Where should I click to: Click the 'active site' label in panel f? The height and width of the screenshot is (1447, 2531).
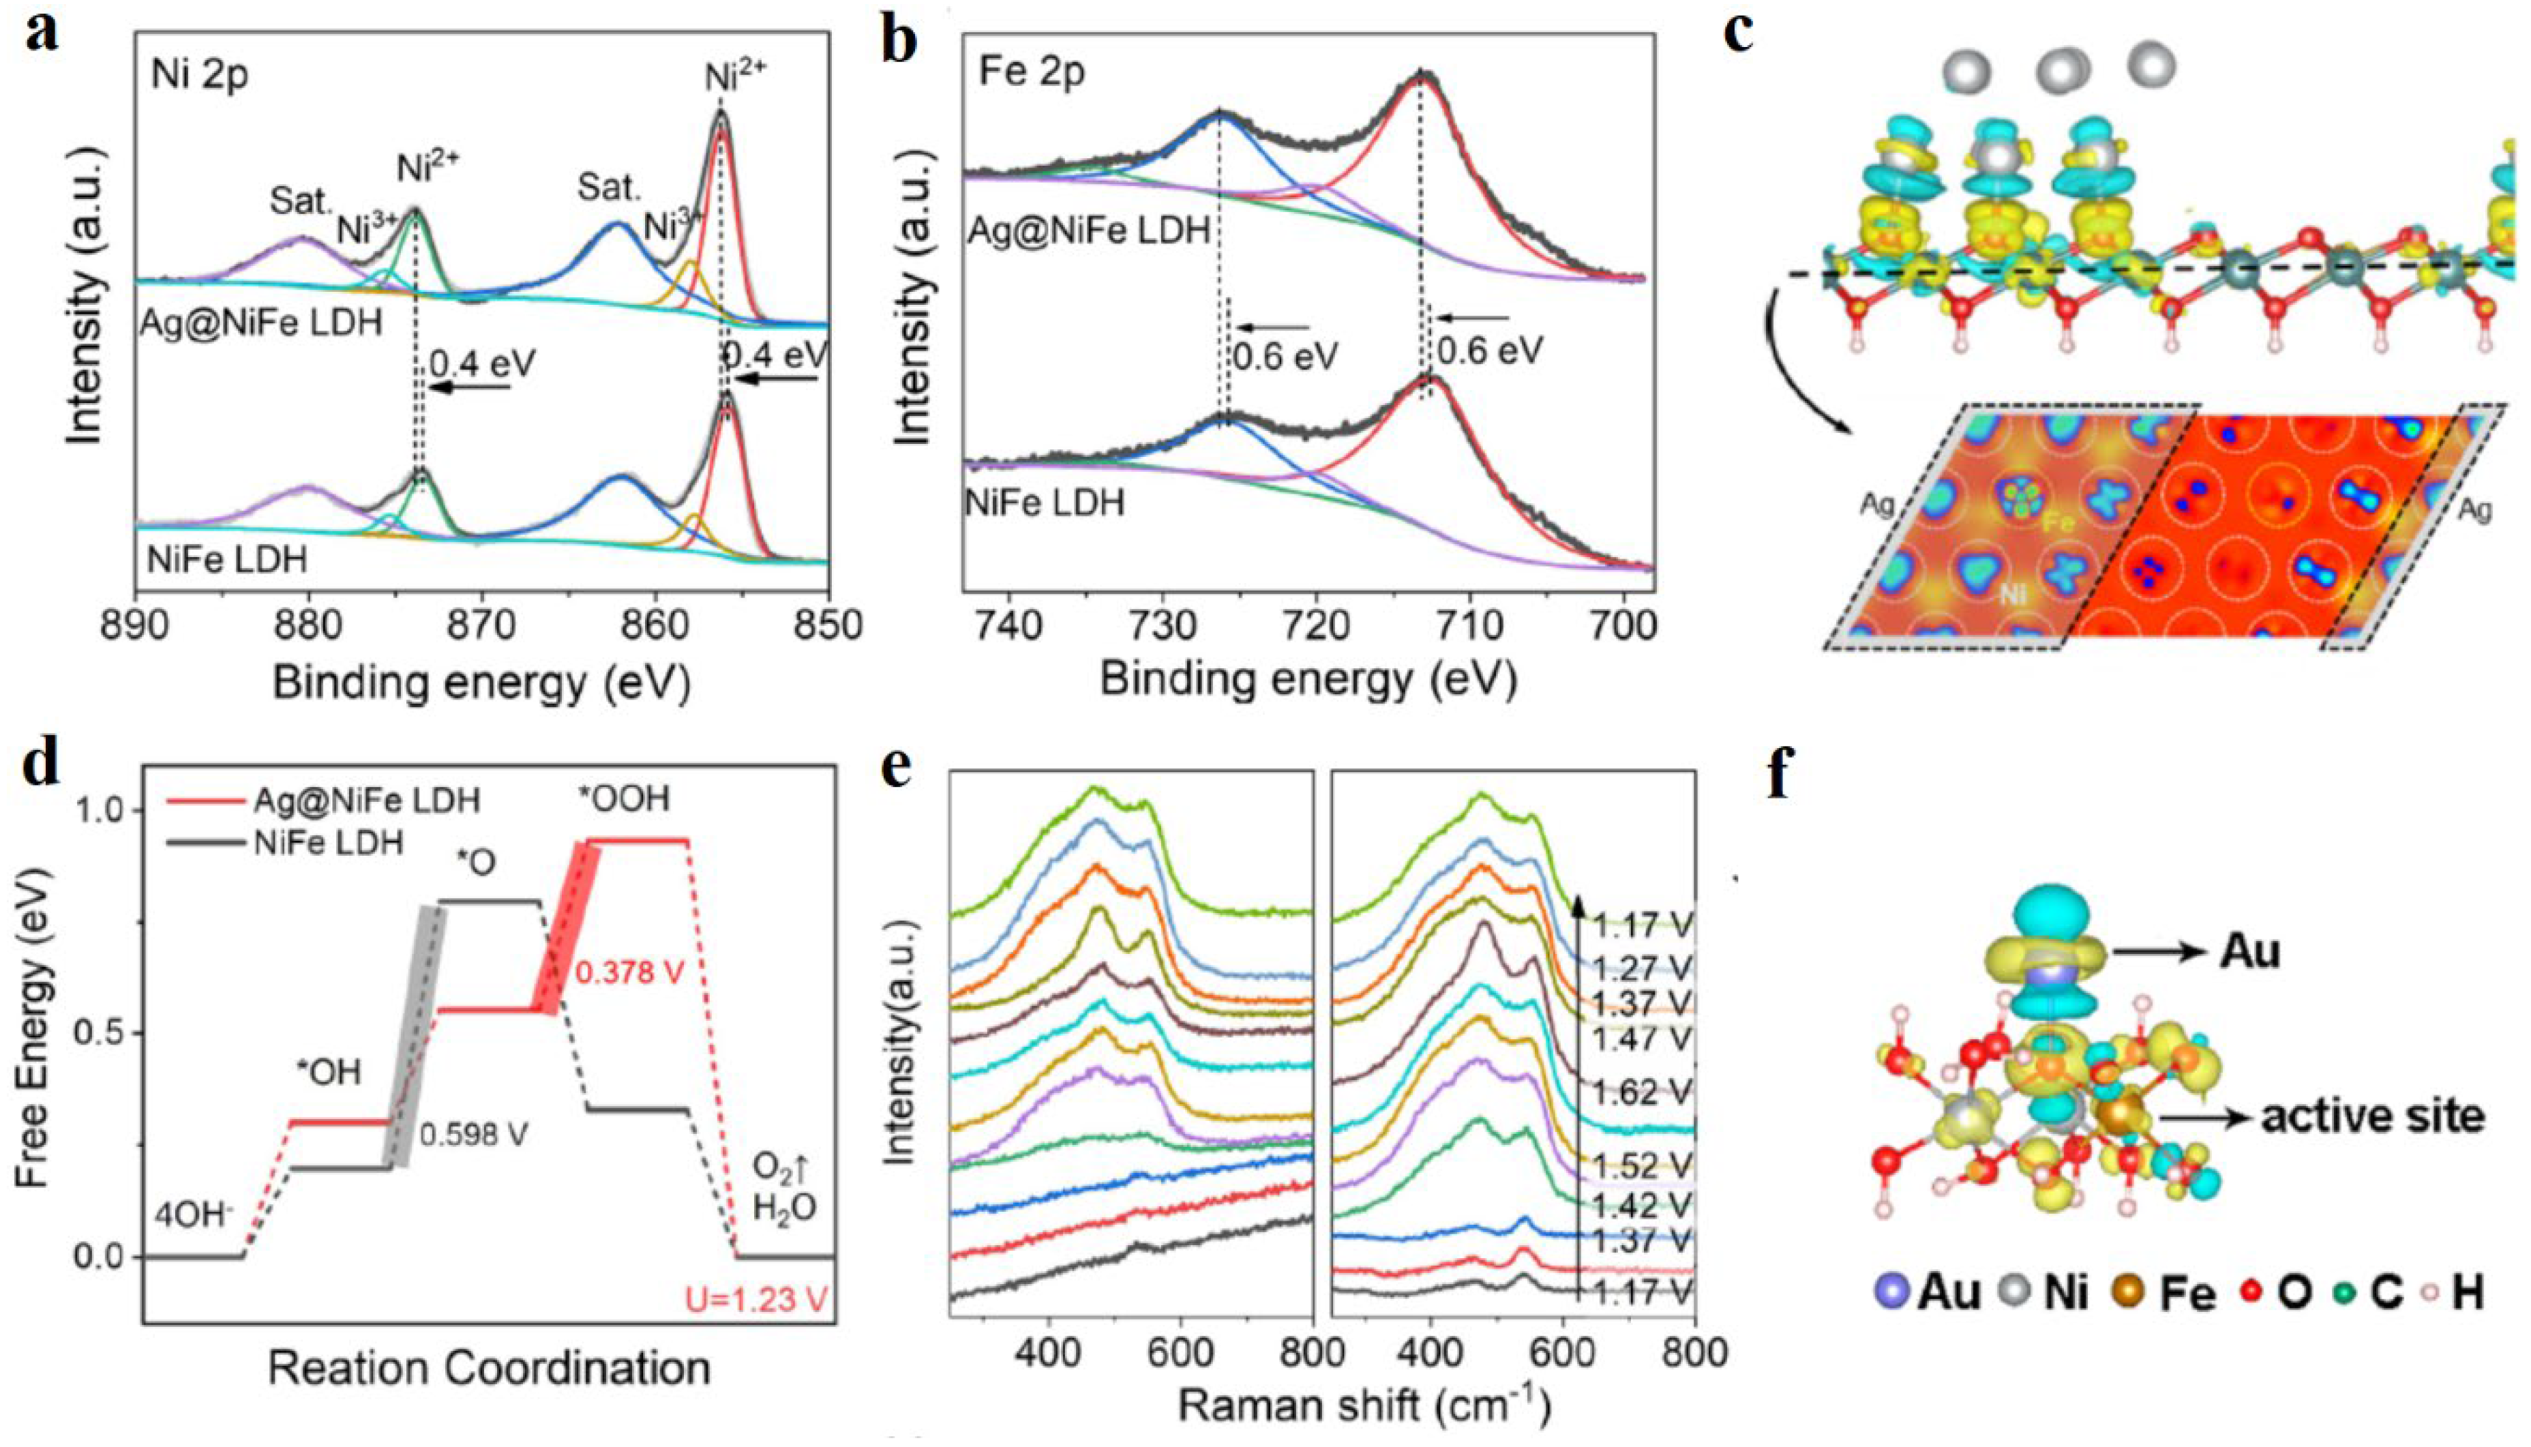[2372, 1117]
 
